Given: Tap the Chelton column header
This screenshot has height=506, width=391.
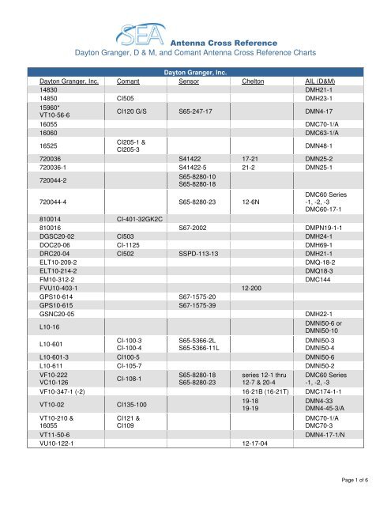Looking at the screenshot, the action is (x=253, y=81).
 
